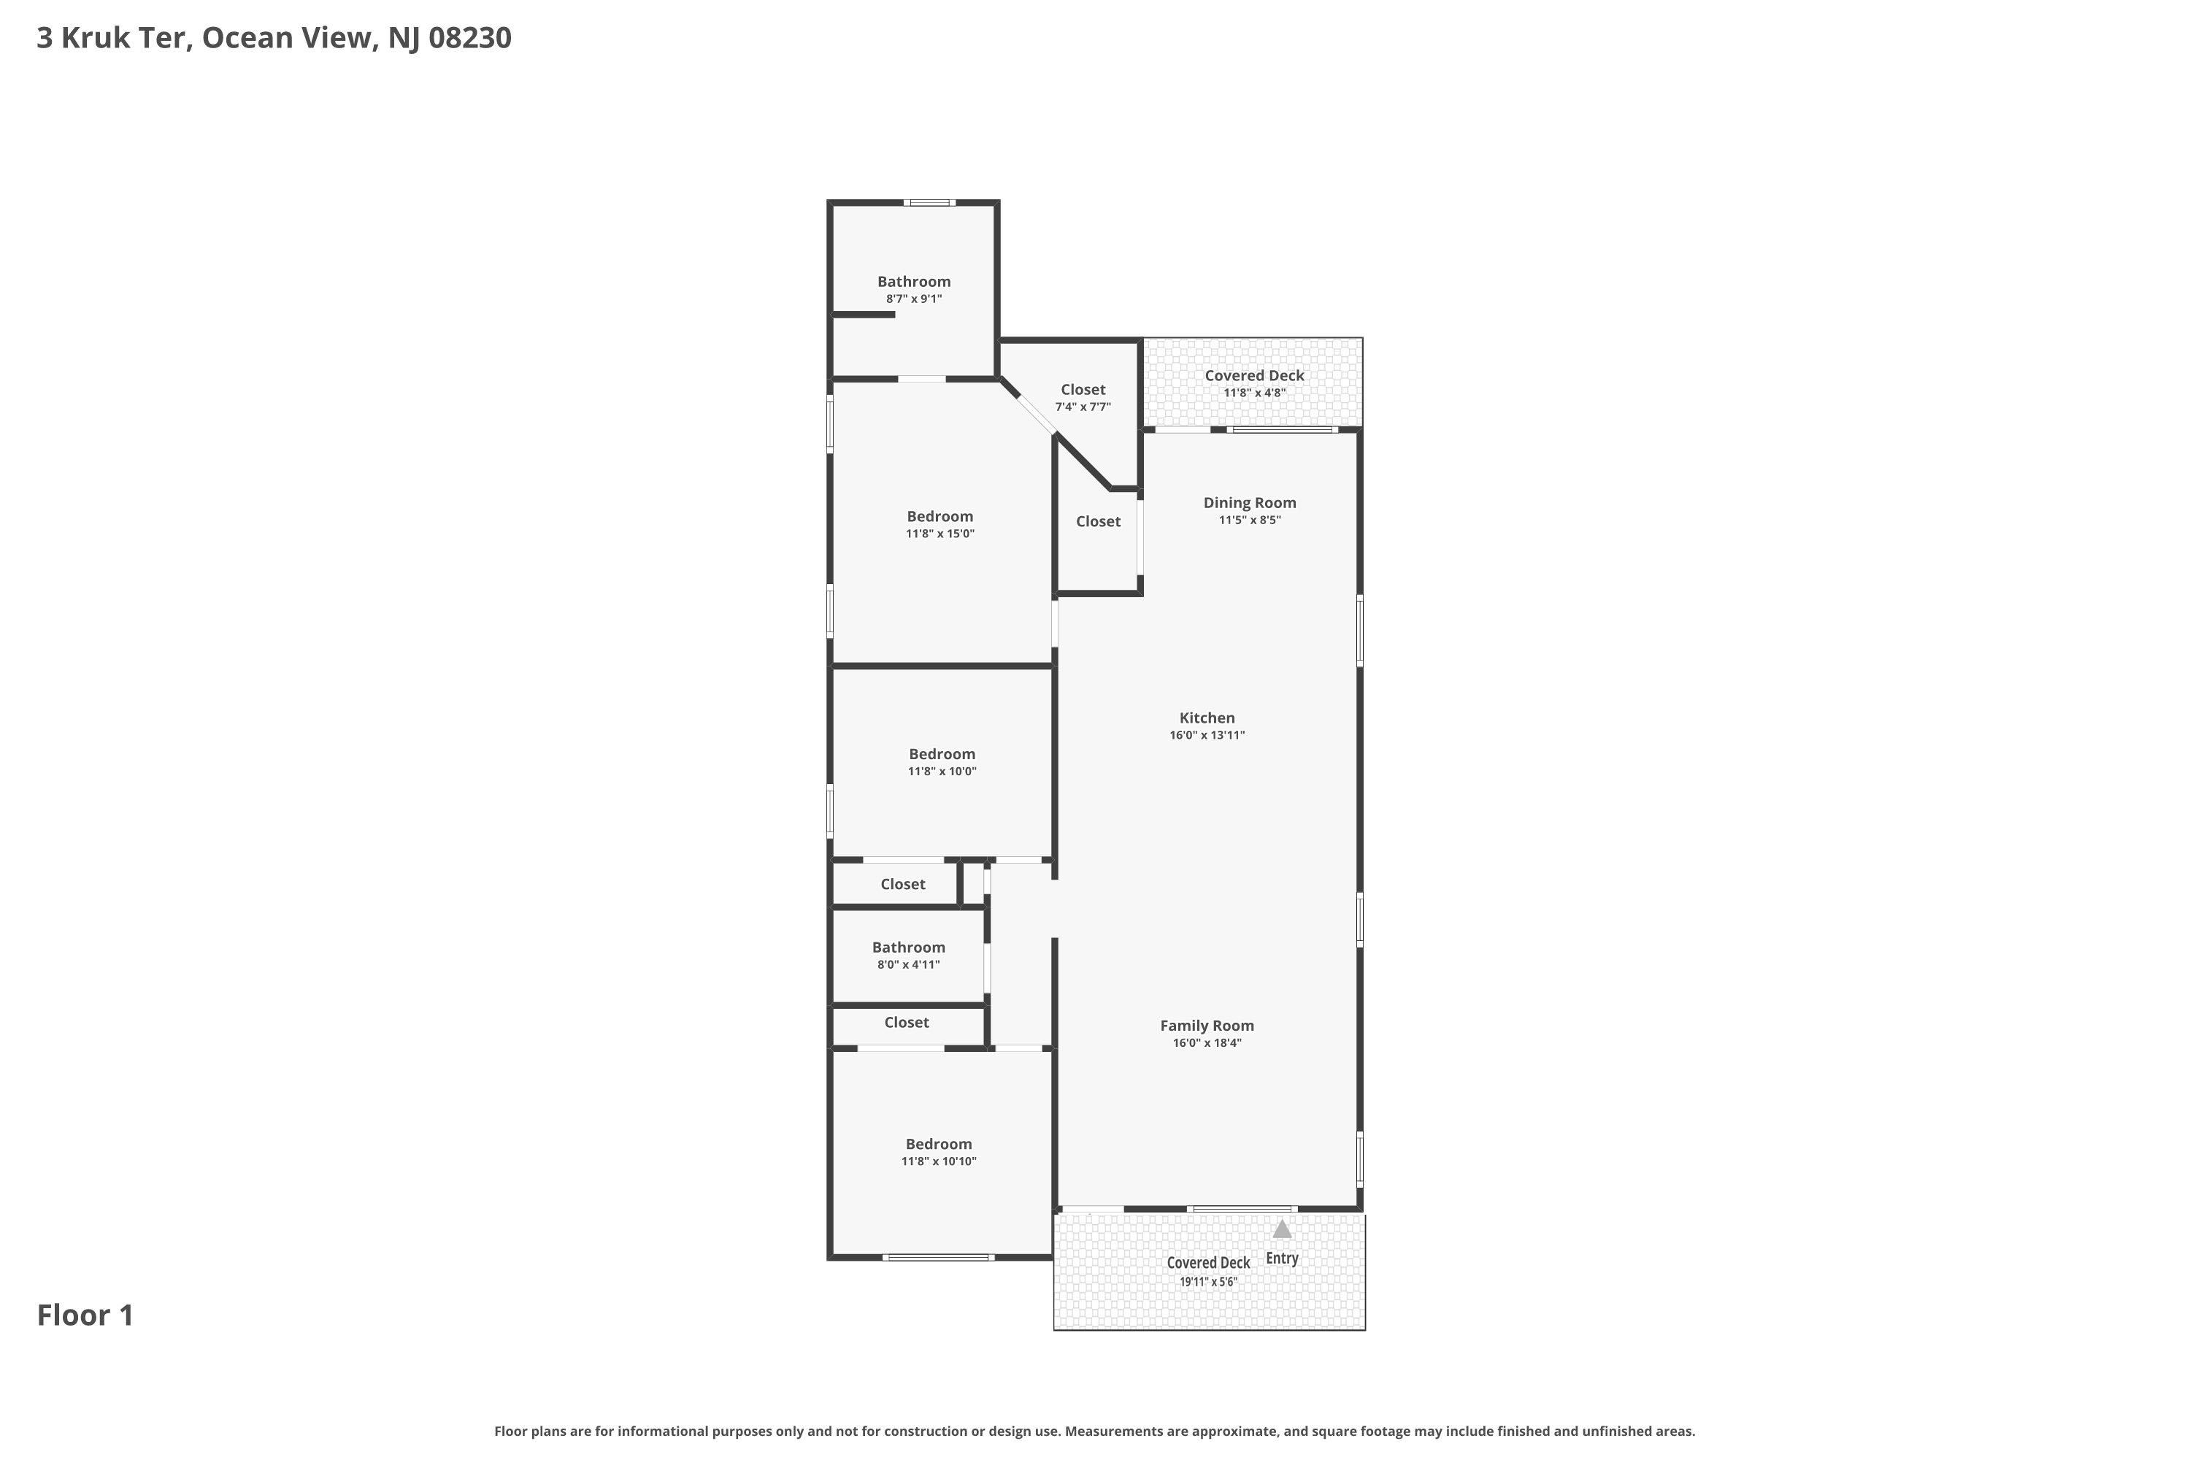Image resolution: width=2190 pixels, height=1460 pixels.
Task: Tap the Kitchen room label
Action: (x=1207, y=718)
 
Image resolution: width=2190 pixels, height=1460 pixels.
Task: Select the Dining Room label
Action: (x=1250, y=503)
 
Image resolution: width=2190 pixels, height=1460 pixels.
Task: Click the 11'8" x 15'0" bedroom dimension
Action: (x=940, y=534)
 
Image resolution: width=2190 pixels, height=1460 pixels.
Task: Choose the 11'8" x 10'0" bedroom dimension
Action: (x=942, y=771)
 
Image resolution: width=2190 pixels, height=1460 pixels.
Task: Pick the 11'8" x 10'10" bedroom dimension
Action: (x=939, y=1161)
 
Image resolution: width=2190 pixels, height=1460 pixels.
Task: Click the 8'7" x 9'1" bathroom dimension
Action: (x=915, y=299)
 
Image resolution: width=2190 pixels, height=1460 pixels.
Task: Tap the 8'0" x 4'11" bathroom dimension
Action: (x=909, y=964)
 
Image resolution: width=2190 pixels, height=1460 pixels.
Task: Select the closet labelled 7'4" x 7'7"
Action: (x=1083, y=407)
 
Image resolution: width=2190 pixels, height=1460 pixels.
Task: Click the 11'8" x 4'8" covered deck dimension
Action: (x=1254, y=393)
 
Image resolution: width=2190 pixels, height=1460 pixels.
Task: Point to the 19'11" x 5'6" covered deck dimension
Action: (x=1209, y=1281)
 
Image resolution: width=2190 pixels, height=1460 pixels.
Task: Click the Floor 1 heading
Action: (x=85, y=1315)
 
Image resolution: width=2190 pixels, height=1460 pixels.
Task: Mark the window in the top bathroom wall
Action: (x=929, y=203)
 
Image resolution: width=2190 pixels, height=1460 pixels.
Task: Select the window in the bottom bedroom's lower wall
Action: (x=939, y=1258)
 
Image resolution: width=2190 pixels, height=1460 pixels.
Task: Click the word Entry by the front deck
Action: (x=1282, y=1258)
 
